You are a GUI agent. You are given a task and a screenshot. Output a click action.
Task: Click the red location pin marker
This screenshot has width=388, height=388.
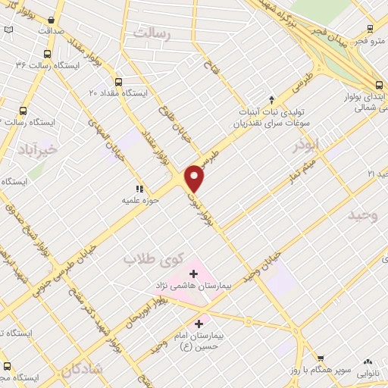[195, 177]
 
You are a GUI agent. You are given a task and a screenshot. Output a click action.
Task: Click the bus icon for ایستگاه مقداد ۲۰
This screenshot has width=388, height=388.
[117, 82]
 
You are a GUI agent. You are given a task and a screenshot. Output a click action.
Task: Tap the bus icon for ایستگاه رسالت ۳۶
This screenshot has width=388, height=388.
[48, 54]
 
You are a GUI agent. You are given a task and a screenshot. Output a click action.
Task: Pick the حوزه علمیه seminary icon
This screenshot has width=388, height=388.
[139, 189]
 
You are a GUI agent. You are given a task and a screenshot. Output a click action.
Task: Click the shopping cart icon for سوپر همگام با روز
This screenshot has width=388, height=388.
[321, 359]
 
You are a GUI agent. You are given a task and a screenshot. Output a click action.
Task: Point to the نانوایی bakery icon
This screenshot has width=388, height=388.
[369, 361]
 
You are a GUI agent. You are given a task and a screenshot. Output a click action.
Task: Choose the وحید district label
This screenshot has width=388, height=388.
[362, 215]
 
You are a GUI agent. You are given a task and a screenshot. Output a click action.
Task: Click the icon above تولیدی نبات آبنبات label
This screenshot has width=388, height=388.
[273, 99]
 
